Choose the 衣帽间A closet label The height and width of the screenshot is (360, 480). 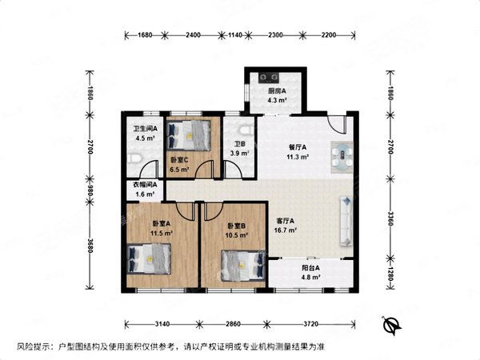(x=145, y=186)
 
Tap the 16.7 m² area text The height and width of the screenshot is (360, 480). (x=286, y=230)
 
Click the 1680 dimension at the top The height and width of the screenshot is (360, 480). (x=145, y=35)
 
